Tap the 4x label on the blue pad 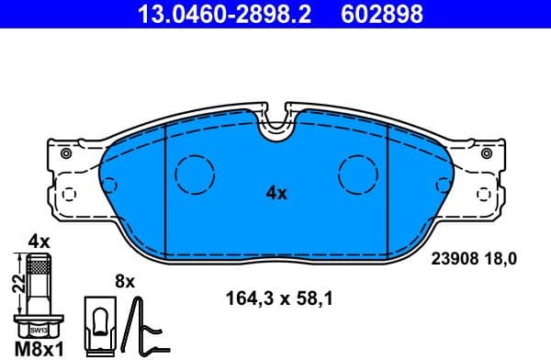[276, 193]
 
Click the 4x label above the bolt [38, 241]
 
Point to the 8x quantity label [124, 280]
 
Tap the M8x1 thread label [38, 348]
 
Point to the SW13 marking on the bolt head [38, 329]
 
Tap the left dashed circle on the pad [194, 173]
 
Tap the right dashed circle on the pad [357, 173]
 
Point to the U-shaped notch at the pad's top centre [275, 126]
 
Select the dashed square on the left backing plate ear [67, 195]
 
